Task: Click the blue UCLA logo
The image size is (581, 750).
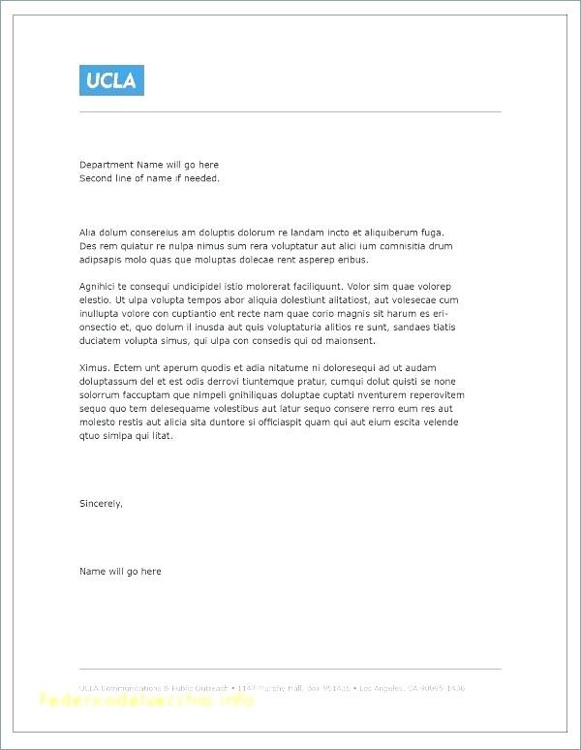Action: click(111, 79)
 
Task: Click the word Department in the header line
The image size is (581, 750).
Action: click(105, 165)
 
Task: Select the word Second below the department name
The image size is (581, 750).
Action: click(95, 178)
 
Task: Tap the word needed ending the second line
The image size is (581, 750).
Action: click(204, 178)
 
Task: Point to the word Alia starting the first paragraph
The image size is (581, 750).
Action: click(88, 233)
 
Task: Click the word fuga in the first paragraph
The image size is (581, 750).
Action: click(432, 233)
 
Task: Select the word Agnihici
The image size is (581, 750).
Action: click(99, 287)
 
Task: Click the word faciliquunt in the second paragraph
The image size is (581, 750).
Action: click(315, 287)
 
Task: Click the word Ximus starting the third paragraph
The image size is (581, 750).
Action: click(93, 368)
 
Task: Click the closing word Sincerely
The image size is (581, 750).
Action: click(101, 504)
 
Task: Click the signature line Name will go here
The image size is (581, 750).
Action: click(120, 572)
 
